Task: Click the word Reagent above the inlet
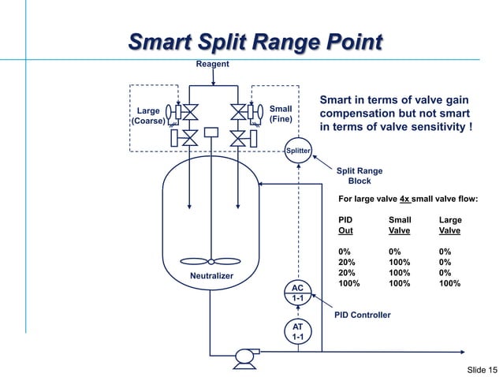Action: coord(213,63)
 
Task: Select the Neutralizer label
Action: coord(213,275)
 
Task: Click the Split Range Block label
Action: coord(360,176)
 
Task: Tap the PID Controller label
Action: coord(363,315)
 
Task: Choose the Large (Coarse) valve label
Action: coord(148,117)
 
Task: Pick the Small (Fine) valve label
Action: coord(281,114)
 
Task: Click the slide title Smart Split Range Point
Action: coord(255,41)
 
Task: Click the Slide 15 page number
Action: coord(482,370)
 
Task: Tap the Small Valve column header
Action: coord(400,226)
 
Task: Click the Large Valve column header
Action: coord(450,226)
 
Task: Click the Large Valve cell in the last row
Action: coord(450,283)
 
